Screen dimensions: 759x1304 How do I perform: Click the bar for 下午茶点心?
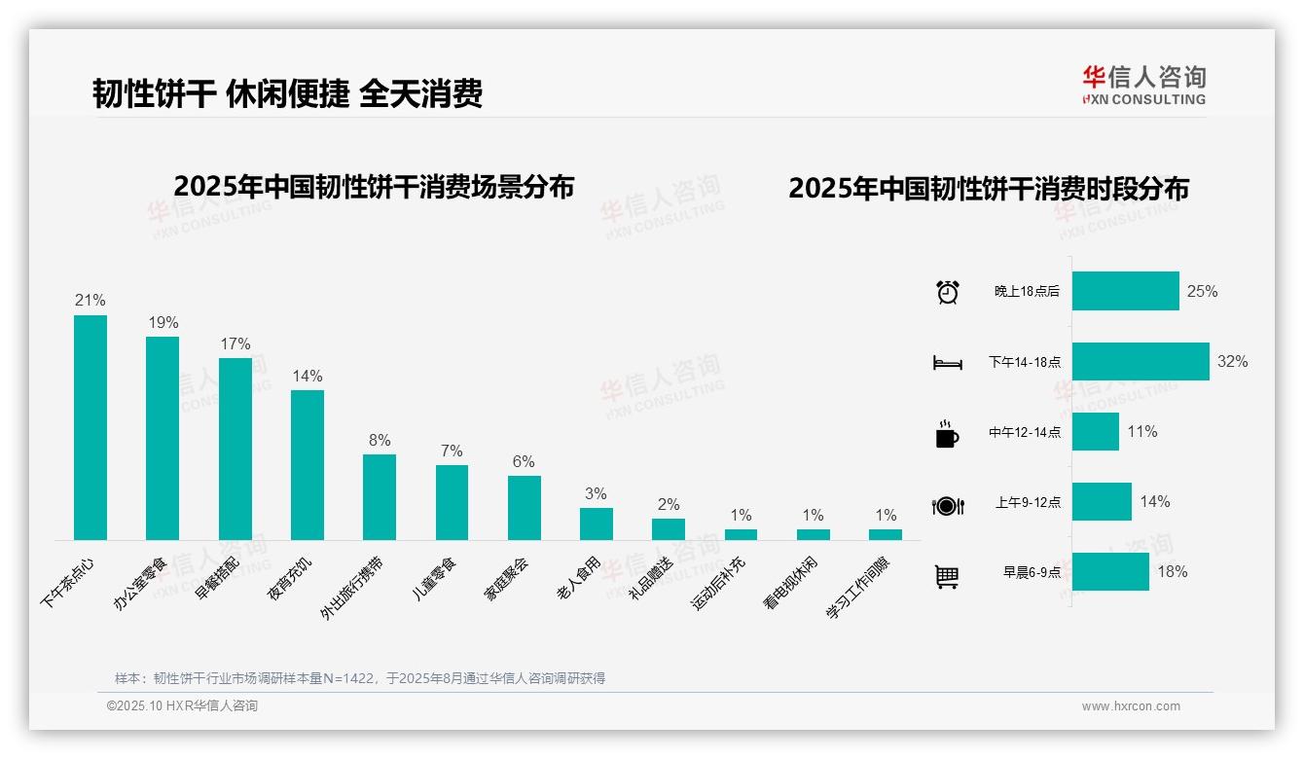(x=91, y=427)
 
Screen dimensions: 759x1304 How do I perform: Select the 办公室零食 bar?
(x=163, y=438)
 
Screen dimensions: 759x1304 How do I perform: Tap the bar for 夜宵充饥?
(x=308, y=464)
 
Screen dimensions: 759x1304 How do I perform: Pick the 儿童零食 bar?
(x=452, y=502)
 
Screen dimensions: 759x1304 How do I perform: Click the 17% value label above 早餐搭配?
(x=235, y=343)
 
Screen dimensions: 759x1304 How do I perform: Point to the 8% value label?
(x=380, y=440)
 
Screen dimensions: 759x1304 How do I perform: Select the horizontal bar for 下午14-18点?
(x=1141, y=361)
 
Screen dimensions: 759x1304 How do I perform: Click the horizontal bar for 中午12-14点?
(x=1096, y=431)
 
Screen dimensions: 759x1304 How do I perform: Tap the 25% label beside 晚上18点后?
(x=1202, y=291)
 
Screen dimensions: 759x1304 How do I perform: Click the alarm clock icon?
(x=947, y=292)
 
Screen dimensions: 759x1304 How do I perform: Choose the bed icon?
(x=947, y=363)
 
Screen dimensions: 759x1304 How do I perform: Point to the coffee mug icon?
(x=947, y=434)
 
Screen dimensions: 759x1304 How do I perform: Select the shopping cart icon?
(x=947, y=576)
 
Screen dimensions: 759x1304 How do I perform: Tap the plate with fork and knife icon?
(x=947, y=505)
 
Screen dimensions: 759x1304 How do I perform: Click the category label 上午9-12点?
(x=1028, y=502)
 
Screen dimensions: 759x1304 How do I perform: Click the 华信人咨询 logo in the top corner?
(x=1143, y=85)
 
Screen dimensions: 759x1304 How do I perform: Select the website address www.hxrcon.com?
(x=1131, y=706)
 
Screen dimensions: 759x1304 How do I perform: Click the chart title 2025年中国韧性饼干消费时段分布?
(x=989, y=189)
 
